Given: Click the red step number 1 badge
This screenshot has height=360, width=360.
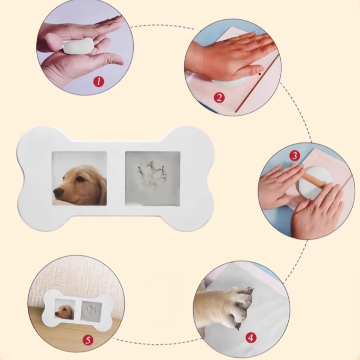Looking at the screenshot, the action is click(x=99, y=82).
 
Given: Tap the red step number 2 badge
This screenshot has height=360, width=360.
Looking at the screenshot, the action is click(x=219, y=98).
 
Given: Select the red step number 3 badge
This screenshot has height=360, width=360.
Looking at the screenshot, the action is click(x=294, y=156).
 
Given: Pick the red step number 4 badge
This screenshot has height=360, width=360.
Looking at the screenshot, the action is click(x=251, y=338).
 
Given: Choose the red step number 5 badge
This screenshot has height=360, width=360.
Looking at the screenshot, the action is click(x=88, y=340).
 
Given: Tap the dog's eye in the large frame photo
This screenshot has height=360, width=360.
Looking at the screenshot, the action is click(x=80, y=179).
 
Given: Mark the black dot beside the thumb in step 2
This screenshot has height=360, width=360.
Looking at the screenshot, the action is click(x=260, y=74).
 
